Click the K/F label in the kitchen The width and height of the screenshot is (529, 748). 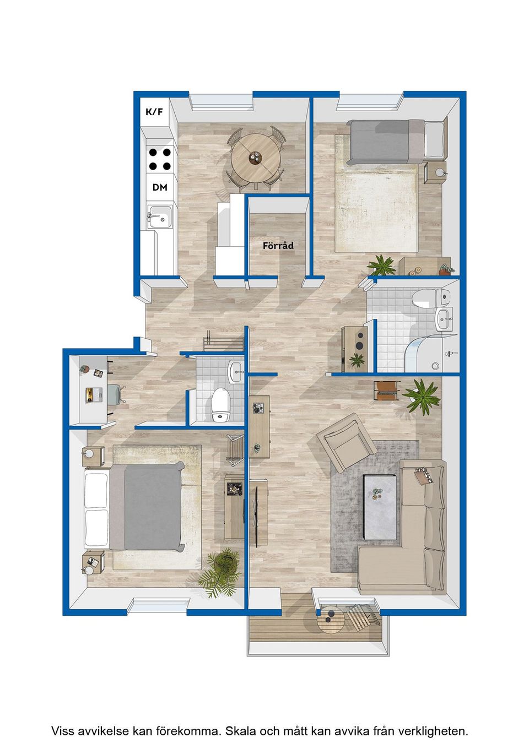click(154, 112)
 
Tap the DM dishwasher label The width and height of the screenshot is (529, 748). click(160, 188)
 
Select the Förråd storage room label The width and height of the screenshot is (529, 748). click(278, 246)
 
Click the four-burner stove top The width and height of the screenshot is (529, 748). click(160, 159)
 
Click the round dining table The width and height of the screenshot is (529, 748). click(256, 159)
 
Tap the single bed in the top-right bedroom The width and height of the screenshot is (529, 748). click(396, 142)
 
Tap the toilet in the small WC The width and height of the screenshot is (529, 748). click(220, 403)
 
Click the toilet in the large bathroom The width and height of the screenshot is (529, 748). click(431, 297)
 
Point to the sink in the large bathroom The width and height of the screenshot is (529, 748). click(444, 319)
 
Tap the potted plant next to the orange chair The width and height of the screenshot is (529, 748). click(422, 397)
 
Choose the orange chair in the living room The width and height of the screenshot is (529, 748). click(386, 390)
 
